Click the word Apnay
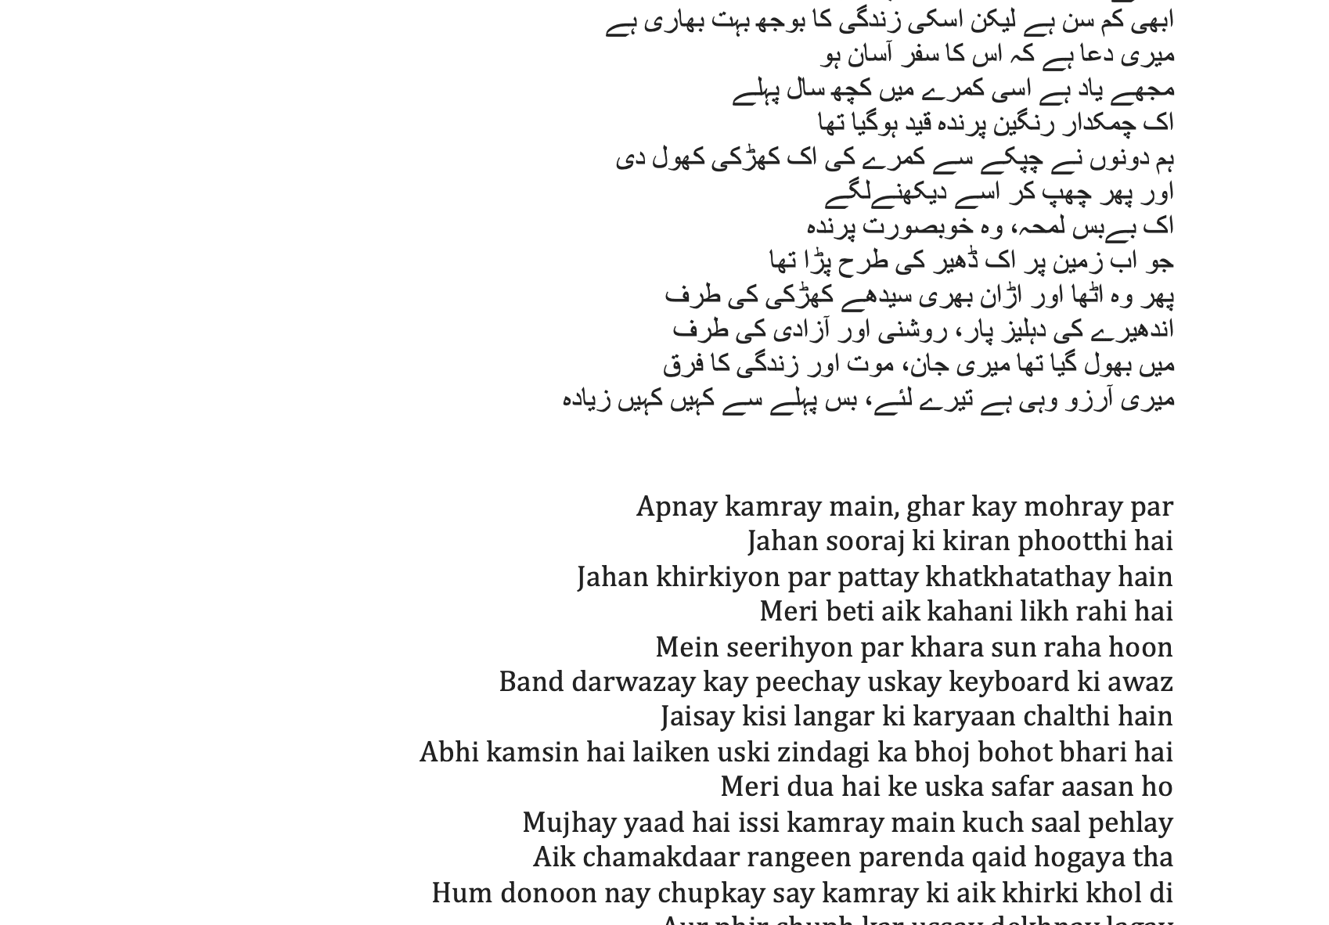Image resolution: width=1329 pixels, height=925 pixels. pyautogui.click(x=676, y=507)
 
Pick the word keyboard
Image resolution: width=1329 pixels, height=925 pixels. pyautogui.click(x=1008, y=682)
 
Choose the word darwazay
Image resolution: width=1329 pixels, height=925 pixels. pyautogui.click(x=632, y=682)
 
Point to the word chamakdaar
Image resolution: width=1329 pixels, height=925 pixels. pyautogui.click(x=660, y=858)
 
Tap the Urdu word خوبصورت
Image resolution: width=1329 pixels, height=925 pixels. pyautogui.click(x=927, y=227)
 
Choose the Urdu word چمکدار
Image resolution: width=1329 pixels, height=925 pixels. pyautogui.click(x=1102, y=124)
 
